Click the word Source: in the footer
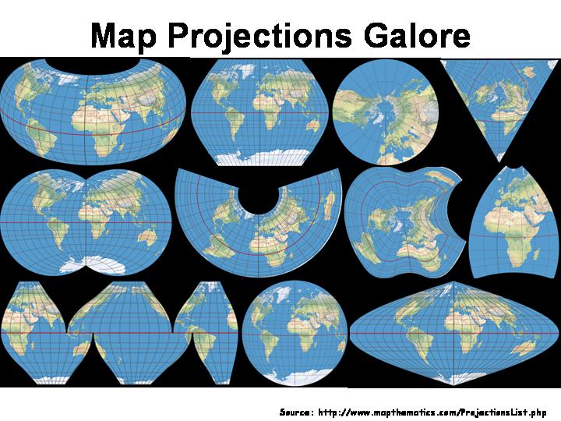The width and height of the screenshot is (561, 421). (x=296, y=411)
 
